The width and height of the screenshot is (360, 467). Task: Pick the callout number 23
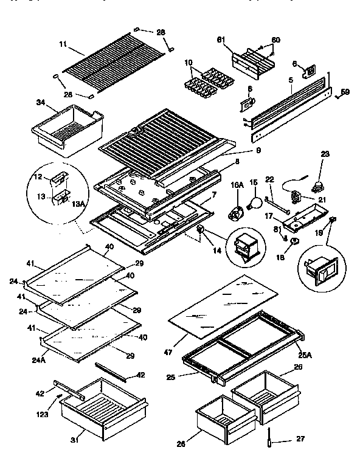coord(325,154)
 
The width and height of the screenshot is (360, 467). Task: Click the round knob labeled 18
coord(294,241)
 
